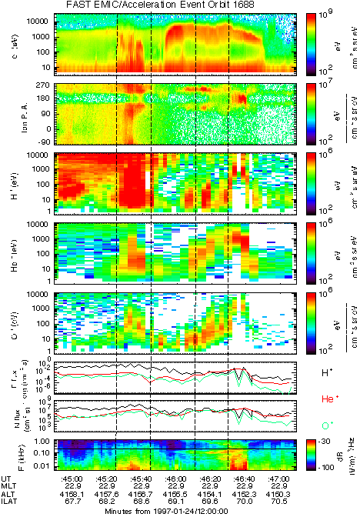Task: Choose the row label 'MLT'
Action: point(10,486)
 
